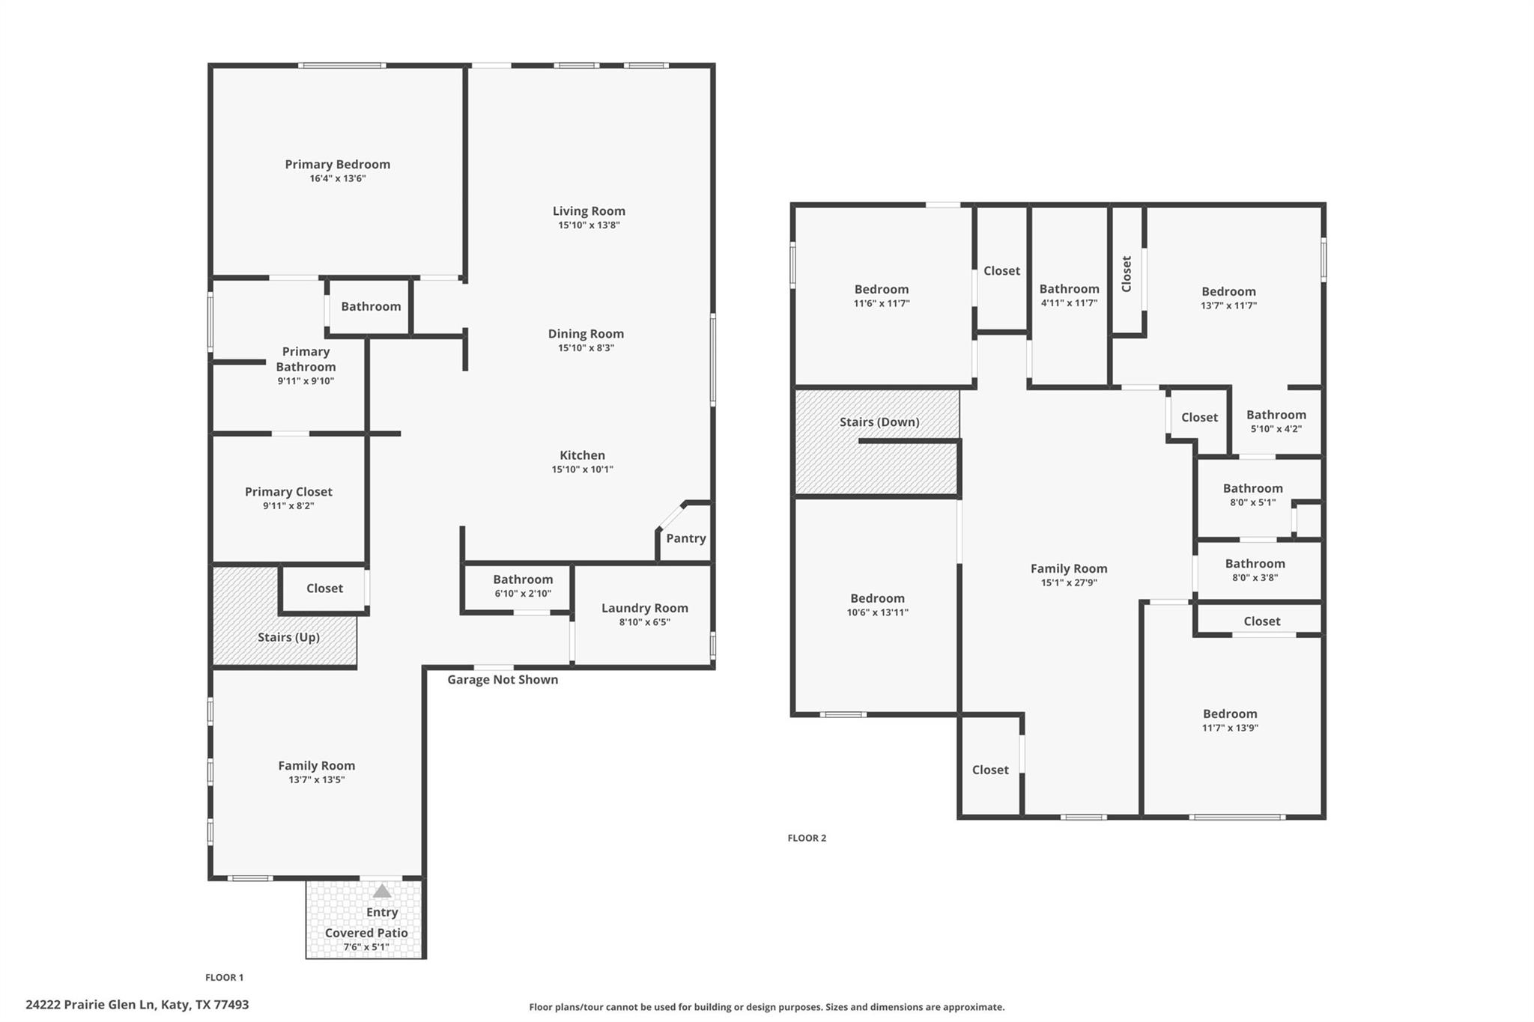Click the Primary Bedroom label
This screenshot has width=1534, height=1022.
(x=337, y=165)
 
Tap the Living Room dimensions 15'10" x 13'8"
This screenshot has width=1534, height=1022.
(x=589, y=225)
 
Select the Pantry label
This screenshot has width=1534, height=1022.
(x=685, y=538)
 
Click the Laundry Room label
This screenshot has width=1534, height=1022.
(x=644, y=608)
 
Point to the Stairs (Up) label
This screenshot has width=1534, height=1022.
(x=288, y=637)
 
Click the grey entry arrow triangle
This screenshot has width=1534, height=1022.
(x=382, y=891)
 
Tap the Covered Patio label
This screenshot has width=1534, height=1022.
(x=366, y=933)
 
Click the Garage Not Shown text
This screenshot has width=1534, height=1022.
(x=503, y=680)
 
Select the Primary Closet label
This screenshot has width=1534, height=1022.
(x=288, y=492)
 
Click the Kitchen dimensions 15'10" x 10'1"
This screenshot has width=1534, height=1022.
(x=582, y=469)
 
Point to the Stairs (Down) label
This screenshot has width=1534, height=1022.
(x=879, y=422)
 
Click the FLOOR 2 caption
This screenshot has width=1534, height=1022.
(x=807, y=838)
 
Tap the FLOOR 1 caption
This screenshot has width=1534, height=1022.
(x=224, y=977)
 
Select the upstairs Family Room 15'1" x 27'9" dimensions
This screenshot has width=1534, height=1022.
(x=1068, y=583)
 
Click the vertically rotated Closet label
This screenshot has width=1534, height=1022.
(x=1127, y=274)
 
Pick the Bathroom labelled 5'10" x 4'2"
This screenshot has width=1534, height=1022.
(x=1276, y=415)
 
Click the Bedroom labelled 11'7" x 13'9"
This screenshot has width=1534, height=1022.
(x=1230, y=714)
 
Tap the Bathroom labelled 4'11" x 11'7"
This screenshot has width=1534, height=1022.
(x=1069, y=289)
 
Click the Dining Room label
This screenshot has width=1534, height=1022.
(x=585, y=334)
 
